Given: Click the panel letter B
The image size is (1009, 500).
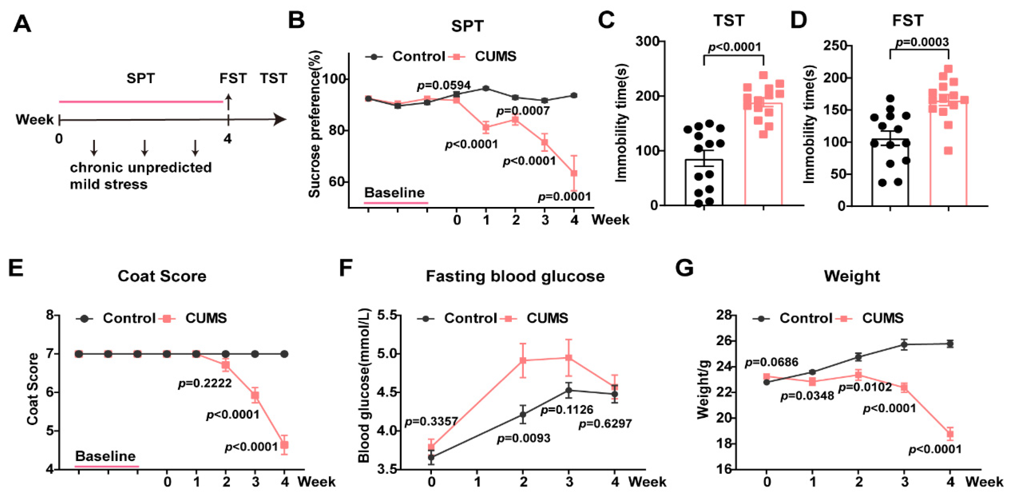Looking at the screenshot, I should pyautogui.click(x=296, y=20).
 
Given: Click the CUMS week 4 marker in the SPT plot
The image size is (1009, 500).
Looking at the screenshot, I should pyautogui.click(x=574, y=173).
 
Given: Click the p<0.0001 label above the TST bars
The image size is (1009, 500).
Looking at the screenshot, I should pyautogui.click(x=735, y=47).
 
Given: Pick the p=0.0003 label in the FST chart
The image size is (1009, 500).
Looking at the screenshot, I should pyautogui.click(x=922, y=42).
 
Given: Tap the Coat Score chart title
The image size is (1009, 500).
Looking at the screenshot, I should pyautogui.click(x=162, y=276).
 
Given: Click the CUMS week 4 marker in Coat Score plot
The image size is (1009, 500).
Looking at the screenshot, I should pyautogui.click(x=285, y=445).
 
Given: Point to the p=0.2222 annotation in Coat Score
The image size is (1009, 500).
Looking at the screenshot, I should pyautogui.click(x=205, y=383).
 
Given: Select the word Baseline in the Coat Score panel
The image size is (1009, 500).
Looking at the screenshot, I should pyautogui.click(x=105, y=456).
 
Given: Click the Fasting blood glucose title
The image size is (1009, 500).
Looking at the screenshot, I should pyautogui.click(x=515, y=276).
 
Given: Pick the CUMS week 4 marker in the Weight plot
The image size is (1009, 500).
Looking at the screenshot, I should pyautogui.click(x=950, y=434).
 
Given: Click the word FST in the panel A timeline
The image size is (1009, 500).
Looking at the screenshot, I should pyautogui.click(x=233, y=78).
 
